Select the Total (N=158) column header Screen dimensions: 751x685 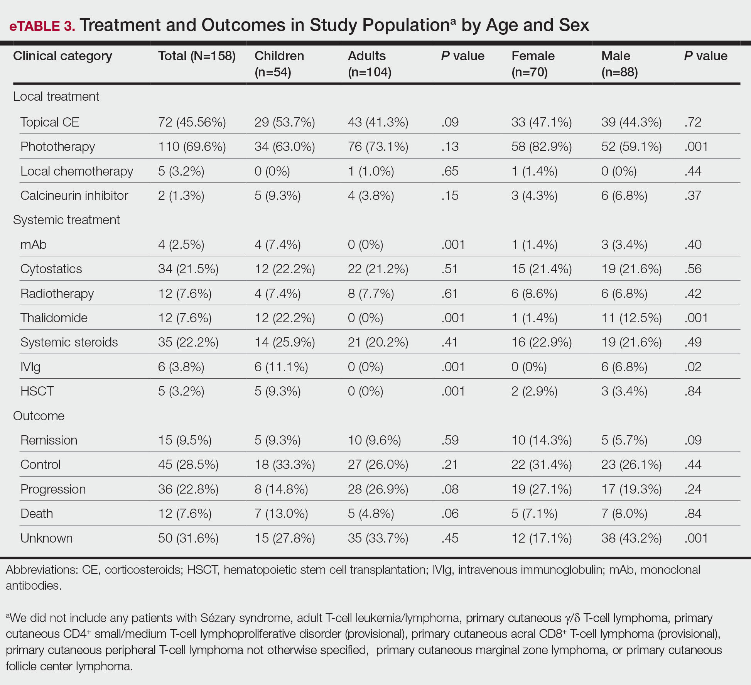click(x=197, y=56)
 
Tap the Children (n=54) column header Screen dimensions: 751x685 click(x=279, y=64)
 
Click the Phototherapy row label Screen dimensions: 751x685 click(x=57, y=147)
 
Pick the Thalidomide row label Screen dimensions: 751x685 click(x=54, y=318)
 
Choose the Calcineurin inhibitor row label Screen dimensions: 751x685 click(x=74, y=195)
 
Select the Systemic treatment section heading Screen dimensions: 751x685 click(x=66, y=220)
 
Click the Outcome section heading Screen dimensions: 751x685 click(x=39, y=416)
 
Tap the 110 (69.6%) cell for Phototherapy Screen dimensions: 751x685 click(x=192, y=147)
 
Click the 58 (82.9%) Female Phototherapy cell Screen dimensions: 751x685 click(x=542, y=147)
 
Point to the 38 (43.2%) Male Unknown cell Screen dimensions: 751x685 click(x=631, y=538)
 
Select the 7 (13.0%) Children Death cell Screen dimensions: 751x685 click(x=281, y=514)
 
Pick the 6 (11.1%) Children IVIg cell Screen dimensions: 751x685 click(x=281, y=367)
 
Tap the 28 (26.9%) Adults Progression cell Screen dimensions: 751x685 click(x=378, y=489)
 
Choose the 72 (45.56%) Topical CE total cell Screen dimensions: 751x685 click(x=192, y=122)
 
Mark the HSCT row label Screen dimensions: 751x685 click(x=37, y=391)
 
